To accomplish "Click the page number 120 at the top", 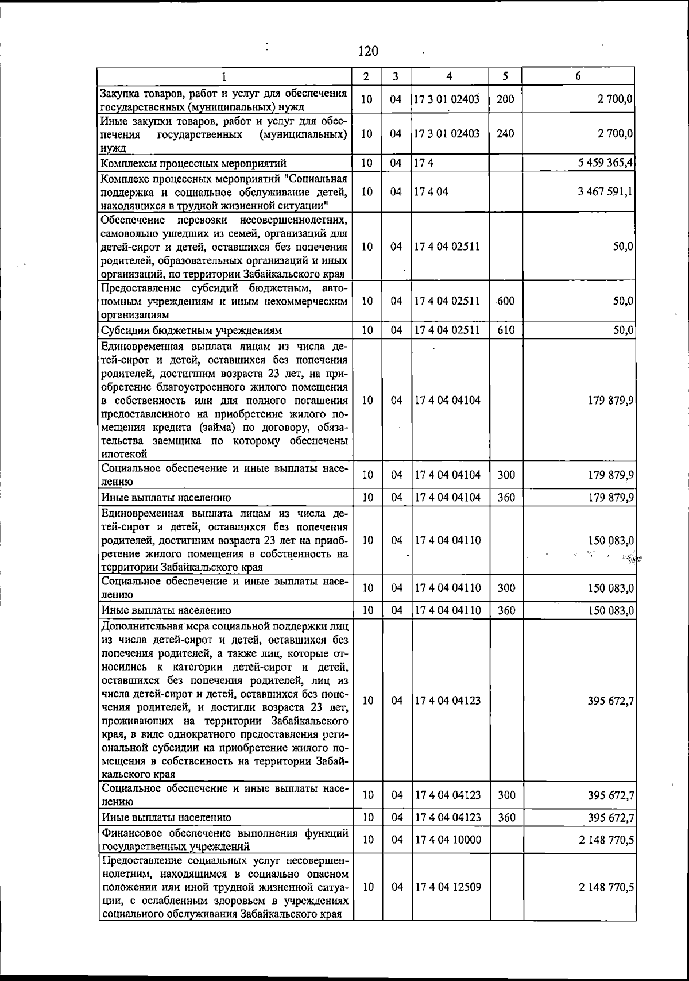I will pos(368,51).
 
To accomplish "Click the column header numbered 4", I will pos(450,76).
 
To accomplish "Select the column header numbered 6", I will pos(578,76).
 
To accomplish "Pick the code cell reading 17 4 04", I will pos(431,191).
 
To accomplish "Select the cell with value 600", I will pos(506,301).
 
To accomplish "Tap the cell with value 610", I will pos(506,330).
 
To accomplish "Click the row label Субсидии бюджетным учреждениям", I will pos(192,330).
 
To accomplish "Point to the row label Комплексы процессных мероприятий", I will pos(193,163).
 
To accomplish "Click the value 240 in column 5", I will pos(505,133).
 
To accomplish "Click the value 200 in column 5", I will pos(505,99).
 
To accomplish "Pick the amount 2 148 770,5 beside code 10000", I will pos(606,840).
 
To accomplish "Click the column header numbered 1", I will pos(224,76).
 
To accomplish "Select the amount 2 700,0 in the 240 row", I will pos(614,133).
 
